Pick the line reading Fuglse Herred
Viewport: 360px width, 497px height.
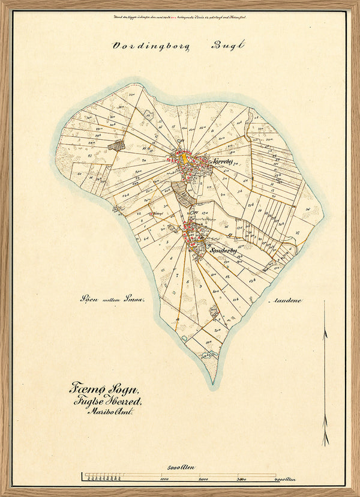(x=108, y=402)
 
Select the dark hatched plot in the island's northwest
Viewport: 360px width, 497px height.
(x=116, y=145)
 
